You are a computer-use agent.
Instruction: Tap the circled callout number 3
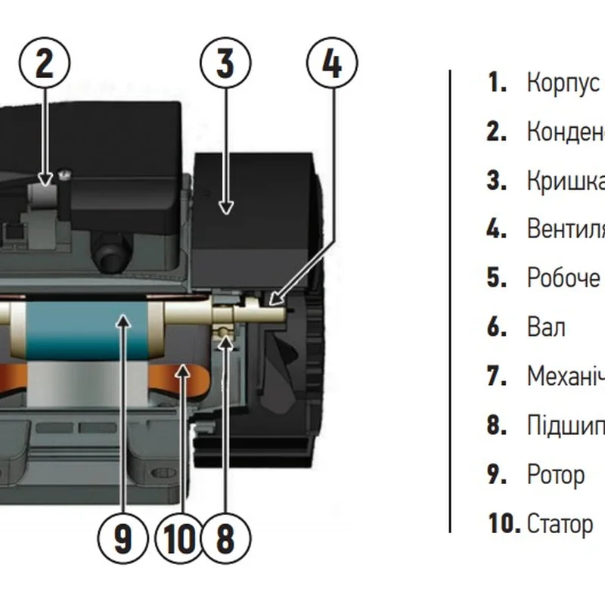pyautogui.click(x=225, y=63)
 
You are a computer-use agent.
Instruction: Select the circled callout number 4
pyautogui.click(x=332, y=63)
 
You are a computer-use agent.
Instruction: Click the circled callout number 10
pyautogui.click(x=178, y=539)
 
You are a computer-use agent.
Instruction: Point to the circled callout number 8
pyautogui.click(x=225, y=539)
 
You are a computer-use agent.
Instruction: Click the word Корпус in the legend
pyautogui.click(x=563, y=83)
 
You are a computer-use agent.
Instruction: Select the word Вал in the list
pyautogui.click(x=545, y=328)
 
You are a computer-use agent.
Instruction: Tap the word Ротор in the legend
pyautogui.click(x=555, y=475)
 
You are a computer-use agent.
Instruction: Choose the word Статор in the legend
pyautogui.click(x=560, y=523)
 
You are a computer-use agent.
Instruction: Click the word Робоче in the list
pyautogui.click(x=563, y=278)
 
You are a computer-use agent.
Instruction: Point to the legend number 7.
pyautogui.click(x=496, y=377)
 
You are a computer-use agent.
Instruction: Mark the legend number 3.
pyautogui.click(x=496, y=181)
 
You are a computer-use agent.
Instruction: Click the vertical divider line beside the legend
pyautogui.click(x=451, y=302)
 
